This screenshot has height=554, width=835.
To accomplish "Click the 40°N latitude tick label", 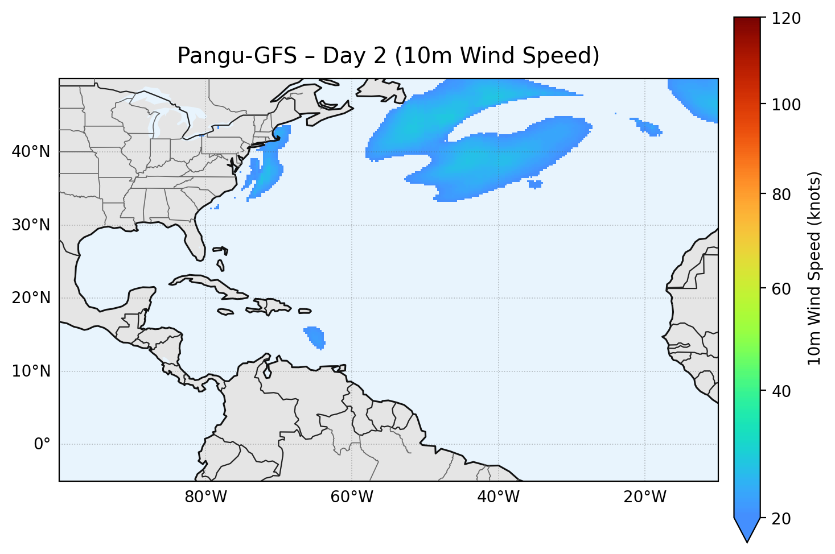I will [31, 152].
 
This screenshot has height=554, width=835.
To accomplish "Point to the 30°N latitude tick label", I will [31, 225].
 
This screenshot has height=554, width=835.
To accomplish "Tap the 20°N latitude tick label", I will [31, 298].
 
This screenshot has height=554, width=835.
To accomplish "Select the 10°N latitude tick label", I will [31, 371].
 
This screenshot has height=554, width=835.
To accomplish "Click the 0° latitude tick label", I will [42, 444].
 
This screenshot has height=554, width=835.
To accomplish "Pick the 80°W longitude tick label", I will [205, 497].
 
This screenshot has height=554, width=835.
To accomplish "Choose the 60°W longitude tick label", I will [352, 497].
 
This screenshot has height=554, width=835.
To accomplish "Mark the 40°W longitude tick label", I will [498, 497].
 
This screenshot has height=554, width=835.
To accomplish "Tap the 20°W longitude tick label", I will [644, 497].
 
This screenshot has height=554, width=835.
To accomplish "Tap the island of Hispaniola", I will [272, 306].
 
